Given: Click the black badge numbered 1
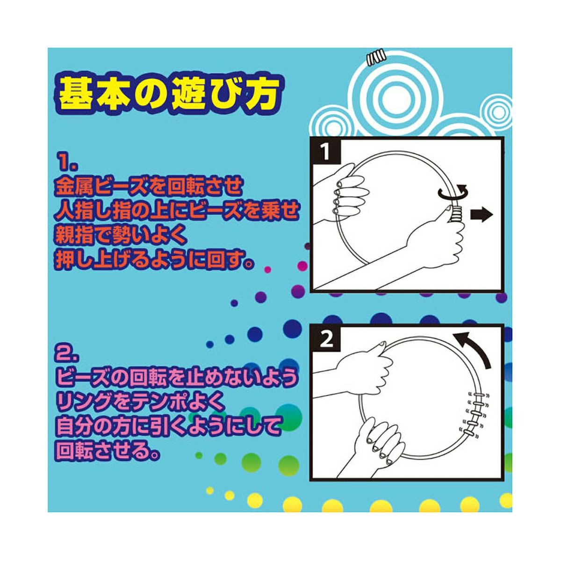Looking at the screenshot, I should click(326, 152).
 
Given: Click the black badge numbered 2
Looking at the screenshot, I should click(326, 339).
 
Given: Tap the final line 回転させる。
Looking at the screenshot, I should click(109, 451).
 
